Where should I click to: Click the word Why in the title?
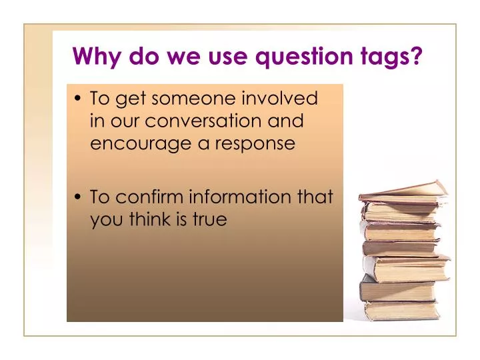(x=93, y=57)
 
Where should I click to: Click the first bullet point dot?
(x=80, y=100)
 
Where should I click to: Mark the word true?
(x=210, y=219)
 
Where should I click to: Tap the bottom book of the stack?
(x=402, y=311)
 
